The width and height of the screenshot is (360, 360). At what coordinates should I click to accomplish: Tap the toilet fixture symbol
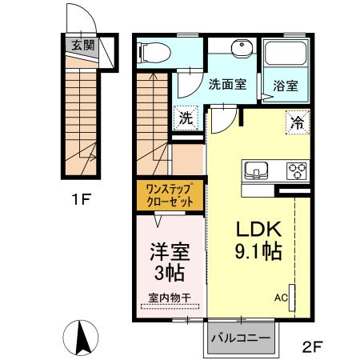[x=155, y=52]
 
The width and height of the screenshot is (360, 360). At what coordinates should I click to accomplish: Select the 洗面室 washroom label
[x=226, y=84]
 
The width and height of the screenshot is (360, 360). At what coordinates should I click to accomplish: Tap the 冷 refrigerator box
[x=297, y=123]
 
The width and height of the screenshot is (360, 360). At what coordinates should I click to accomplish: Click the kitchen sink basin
[x=257, y=170]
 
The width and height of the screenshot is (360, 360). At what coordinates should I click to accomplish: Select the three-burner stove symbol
[x=297, y=170]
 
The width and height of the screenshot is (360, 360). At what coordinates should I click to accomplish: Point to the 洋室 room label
[x=168, y=250]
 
